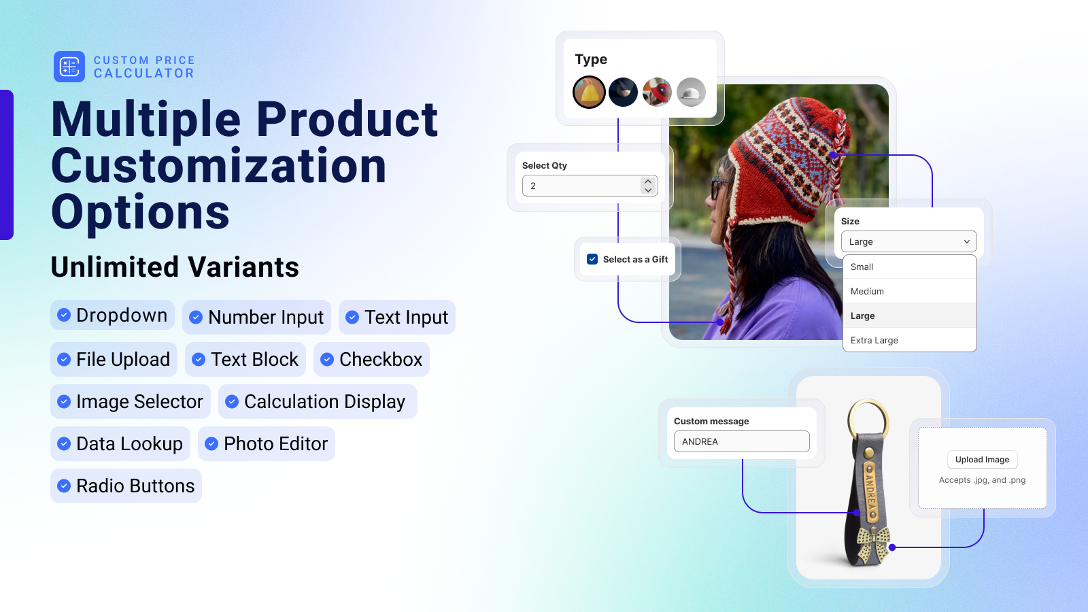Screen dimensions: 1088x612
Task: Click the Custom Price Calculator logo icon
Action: click(x=69, y=67)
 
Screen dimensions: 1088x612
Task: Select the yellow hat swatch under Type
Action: click(x=589, y=92)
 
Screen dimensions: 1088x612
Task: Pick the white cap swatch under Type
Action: click(x=691, y=92)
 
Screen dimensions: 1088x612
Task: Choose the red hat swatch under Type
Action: click(x=657, y=92)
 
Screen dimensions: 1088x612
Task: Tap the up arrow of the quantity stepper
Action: click(x=648, y=181)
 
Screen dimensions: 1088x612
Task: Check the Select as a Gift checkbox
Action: click(x=592, y=259)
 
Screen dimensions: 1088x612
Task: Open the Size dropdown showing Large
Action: click(x=908, y=241)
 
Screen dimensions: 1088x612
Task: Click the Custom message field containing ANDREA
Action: click(x=741, y=441)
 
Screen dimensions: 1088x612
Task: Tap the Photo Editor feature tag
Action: click(x=266, y=443)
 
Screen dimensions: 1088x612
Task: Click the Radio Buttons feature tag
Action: click(x=126, y=486)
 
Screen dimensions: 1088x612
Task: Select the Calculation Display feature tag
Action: click(x=318, y=401)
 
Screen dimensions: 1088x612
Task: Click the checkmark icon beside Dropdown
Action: click(x=64, y=315)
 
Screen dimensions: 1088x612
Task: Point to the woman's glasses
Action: click(x=718, y=188)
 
